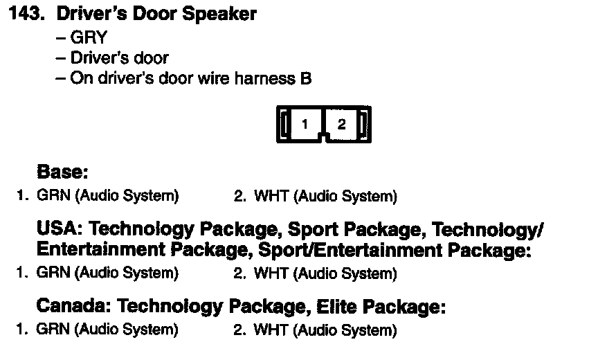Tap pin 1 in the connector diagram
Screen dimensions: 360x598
point(305,125)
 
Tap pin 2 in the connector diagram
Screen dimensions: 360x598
point(342,125)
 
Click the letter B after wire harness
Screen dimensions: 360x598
point(306,79)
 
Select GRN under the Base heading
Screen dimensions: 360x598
point(53,196)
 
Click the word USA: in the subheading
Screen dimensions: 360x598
point(59,228)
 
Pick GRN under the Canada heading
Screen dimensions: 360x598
point(53,329)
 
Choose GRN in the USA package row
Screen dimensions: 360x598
point(53,273)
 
